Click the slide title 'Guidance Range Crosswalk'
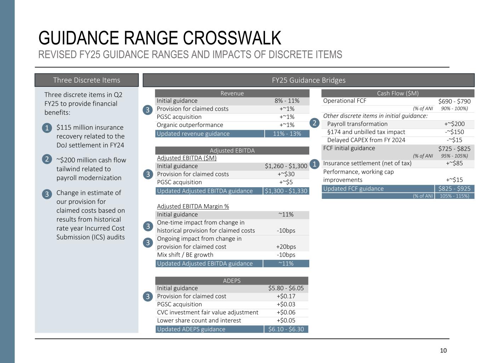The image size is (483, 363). (x=160, y=38)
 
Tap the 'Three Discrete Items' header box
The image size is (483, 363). (x=87, y=80)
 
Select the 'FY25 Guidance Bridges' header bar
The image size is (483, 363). (x=309, y=80)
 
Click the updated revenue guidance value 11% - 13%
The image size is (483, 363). (x=287, y=134)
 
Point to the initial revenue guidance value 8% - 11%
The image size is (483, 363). (x=287, y=101)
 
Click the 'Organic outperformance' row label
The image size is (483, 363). (x=190, y=125)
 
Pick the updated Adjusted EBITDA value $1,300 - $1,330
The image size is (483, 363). (x=286, y=191)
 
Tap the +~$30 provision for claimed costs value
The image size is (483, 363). (x=286, y=174)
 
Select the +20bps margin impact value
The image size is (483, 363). (x=286, y=247)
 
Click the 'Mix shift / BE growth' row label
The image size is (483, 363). (x=185, y=255)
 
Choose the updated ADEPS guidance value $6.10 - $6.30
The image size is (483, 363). (x=286, y=329)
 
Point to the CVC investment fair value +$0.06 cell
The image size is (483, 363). (x=286, y=312)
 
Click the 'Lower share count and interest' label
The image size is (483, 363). (x=199, y=320)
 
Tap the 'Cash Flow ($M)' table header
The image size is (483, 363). (x=398, y=93)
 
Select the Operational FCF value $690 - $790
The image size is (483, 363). (x=454, y=101)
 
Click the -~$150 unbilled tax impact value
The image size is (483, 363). (x=454, y=132)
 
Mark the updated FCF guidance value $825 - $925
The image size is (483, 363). (x=454, y=189)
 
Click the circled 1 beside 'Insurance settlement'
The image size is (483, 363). (x=314, y=164)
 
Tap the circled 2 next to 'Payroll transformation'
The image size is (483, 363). (x=314, y=123)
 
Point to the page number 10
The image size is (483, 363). (x=443, y=351)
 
